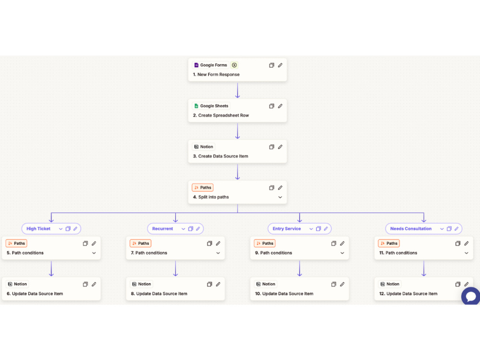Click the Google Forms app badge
[210, 65]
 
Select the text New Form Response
[218, 74]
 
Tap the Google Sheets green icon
[196, 106]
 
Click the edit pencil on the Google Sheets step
[280, 106]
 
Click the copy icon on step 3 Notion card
[272, 147]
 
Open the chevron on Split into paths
[280, 197]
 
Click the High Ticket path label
[38, 228]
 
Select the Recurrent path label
[163, 228]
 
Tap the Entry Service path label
[287, 228]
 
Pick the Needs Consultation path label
[411, 228]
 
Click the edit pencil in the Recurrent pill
[198, 228]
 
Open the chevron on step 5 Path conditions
[94, 253]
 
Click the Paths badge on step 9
[265, 243]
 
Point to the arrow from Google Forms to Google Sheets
[238, 90]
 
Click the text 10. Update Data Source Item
[284, 294]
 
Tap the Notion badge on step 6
[17, 284]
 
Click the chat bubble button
[471, 296]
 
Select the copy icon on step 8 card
[209, 284]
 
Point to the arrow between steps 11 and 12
[424, 268]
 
